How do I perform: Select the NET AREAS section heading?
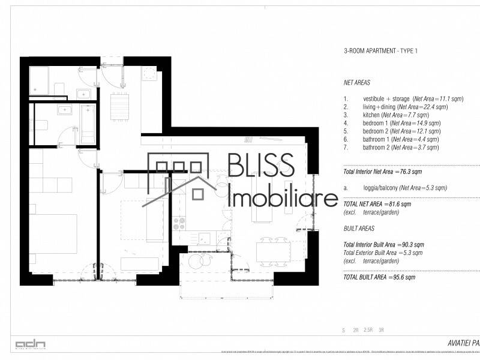coord(356,83)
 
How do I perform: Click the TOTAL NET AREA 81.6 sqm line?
coord(377,204)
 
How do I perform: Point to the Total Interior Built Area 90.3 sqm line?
coord(383,245)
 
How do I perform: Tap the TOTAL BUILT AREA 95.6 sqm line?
coord(379,277)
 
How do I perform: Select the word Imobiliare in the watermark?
coord(283,198)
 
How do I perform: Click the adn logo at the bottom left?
coord(31,344)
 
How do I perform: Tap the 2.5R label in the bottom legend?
coord(368,330)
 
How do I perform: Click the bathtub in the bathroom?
coord(88,124)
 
